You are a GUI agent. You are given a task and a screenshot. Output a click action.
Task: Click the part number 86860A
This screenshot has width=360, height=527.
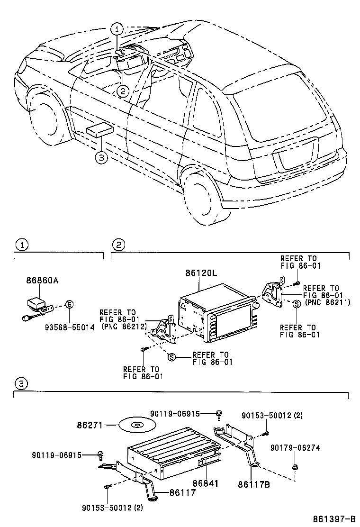(x=42, y=281)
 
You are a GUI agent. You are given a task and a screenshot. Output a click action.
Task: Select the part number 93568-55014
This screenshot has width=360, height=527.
(x=69, y=327)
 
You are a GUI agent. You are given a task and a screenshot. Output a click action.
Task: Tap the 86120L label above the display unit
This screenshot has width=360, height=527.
(x=201, y=273)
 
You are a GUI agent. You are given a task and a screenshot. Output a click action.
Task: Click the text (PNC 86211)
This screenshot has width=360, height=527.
(x=328, y=302)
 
